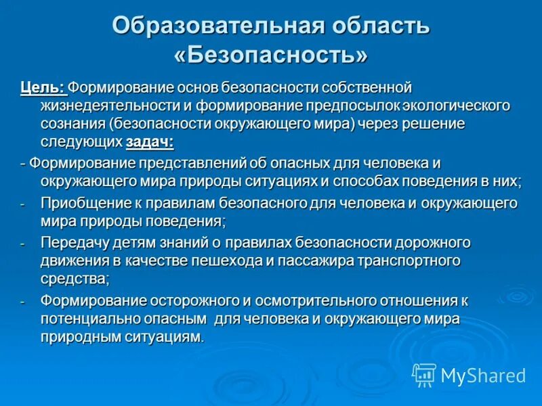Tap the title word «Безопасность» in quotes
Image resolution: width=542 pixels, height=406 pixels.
point(271,55)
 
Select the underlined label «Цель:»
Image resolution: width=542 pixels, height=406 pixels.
point(42,88)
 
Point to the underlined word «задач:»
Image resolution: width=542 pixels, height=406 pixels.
point(150,141)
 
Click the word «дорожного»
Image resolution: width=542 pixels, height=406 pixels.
point(431,242)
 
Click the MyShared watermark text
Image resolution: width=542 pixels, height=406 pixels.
point(482,375)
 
